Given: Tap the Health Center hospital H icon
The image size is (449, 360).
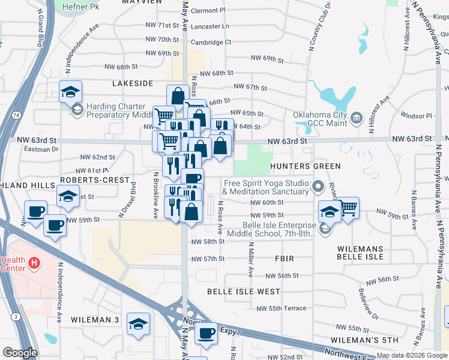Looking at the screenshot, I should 35,263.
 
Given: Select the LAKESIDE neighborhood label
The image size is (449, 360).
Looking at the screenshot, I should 133,83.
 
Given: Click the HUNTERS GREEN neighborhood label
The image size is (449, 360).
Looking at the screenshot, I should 306,166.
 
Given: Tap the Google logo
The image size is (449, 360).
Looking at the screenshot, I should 20,353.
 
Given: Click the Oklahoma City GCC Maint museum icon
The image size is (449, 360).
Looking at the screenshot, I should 357,116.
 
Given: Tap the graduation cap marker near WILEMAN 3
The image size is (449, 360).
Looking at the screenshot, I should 139,324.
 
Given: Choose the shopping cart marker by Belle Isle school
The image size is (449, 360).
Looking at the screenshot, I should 348,208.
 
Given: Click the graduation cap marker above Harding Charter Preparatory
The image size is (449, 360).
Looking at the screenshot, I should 70,92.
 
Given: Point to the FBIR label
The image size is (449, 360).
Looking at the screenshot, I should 283,259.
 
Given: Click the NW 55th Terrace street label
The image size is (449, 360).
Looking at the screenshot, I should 281,308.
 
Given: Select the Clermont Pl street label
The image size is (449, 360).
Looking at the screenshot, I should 208,10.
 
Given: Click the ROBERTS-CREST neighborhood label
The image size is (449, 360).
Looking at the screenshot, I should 95,180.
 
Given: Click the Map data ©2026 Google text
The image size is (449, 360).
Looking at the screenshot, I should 412,355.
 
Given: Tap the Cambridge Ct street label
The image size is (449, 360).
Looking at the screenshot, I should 211,42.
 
